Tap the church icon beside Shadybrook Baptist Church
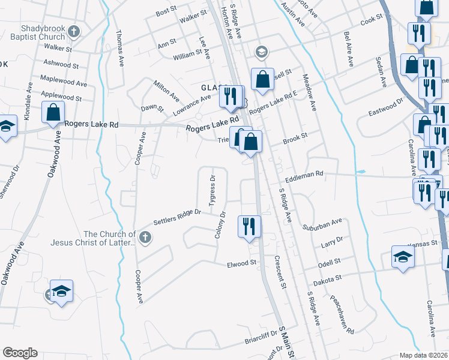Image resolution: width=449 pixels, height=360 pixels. click(x=74, y=31)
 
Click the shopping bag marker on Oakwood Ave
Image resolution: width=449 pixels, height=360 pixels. click(x=53, y=112)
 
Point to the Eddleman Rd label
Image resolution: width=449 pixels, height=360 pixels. click(x=304, y=173)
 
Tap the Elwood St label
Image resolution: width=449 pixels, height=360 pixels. click(x=242, y=263)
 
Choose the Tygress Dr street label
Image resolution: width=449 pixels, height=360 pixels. click(x=212, y=191)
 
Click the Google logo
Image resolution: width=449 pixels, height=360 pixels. click(x=20, y=353)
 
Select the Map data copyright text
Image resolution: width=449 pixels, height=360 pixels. click(x=424, y=355)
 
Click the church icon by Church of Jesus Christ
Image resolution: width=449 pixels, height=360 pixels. click(x=145, y=238)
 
